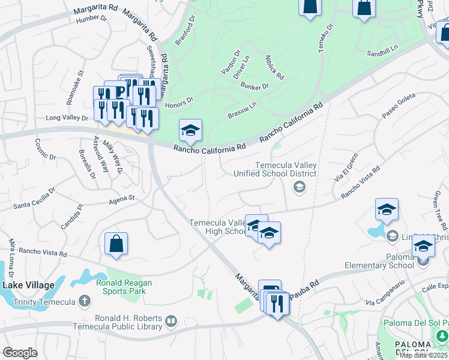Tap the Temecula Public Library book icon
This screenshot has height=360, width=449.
(172, 322)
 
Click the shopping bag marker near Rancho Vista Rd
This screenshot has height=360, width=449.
(116, 244)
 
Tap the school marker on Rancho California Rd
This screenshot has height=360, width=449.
(190, 131)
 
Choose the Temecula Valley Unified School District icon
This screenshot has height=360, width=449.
(298, 188)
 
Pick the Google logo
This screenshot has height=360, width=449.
(20, 352)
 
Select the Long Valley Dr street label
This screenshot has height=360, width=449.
(67, 118)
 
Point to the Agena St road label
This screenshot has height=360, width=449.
(122, 199)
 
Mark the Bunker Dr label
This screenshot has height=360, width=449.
(255, 86)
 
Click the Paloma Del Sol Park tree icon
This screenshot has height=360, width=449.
(442, 335)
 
